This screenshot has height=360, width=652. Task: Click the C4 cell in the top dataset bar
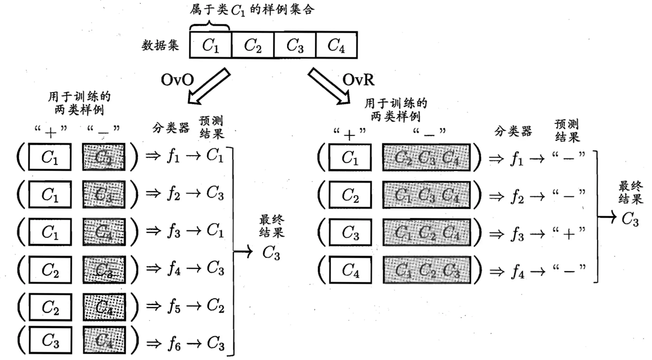pos(336,45)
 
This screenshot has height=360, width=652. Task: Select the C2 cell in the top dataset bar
pos(253,45)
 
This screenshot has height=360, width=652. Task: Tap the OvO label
pos(177,80)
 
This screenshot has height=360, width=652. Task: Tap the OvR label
pos(358,80)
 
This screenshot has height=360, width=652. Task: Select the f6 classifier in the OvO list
pos(174,344)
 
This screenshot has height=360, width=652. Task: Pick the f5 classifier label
pos(174,306)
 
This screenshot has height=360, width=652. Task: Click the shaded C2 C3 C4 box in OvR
pos(426,158)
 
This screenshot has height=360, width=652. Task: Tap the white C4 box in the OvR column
pos(350,270)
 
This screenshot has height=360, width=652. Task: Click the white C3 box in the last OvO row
pos(50,340)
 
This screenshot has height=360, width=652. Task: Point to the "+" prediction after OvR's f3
pos(569,234)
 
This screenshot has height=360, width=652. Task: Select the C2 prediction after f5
pos(215,306)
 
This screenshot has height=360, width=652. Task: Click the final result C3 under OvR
pos(630,219)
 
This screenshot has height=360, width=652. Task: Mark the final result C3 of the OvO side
pos(271,253)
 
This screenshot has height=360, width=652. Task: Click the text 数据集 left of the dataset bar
pos(160,46)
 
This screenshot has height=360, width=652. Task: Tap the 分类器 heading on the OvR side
pos(513,131)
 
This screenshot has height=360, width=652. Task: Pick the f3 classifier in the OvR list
pos(517,234)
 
